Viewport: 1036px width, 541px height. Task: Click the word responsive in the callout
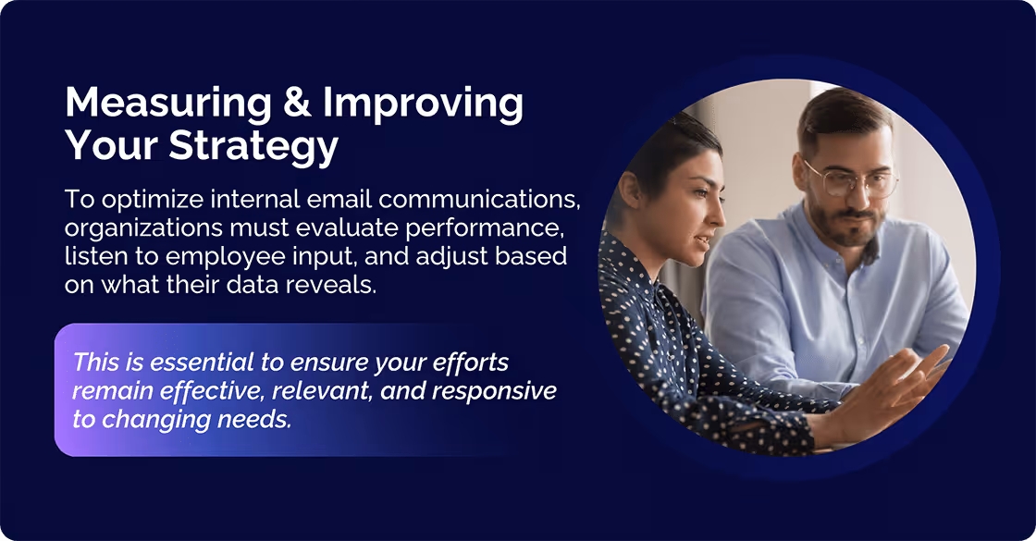pos(495,390)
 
